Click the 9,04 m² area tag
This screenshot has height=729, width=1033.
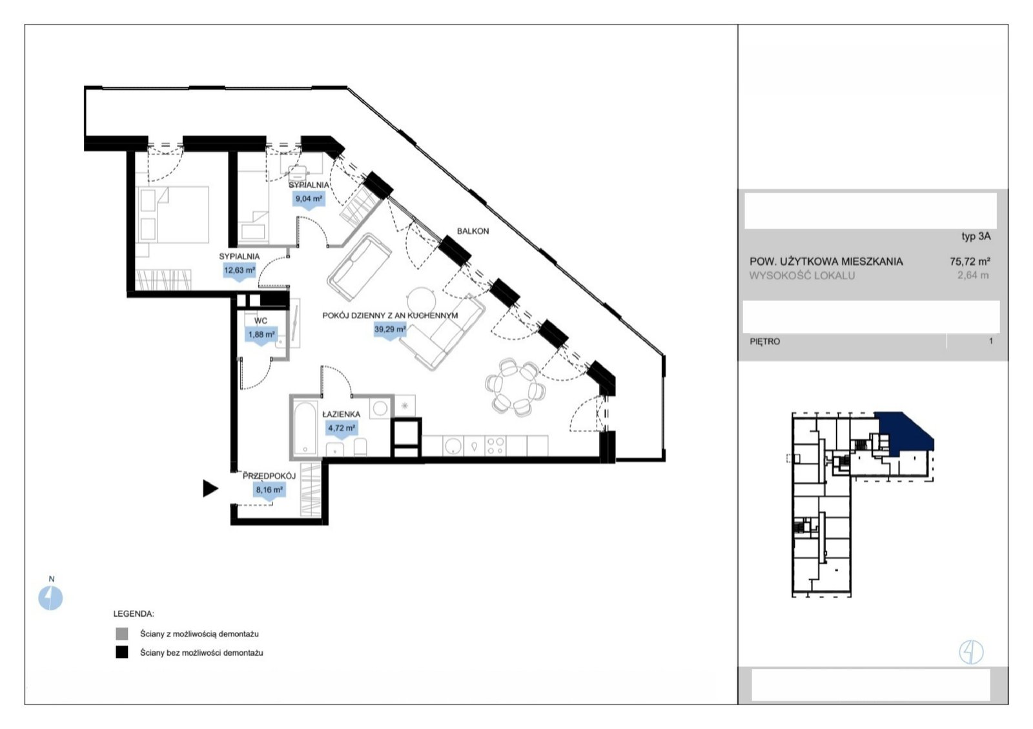pos(309,200)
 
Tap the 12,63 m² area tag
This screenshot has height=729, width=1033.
pos(240,271)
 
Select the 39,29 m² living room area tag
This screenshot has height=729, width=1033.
pos(390,330)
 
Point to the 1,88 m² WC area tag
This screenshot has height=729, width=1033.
pos(261,335)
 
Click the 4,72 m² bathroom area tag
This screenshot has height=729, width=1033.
pos(342,429)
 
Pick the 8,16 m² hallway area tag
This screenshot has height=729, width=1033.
pos(269,491)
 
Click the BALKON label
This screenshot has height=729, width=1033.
pos(473,231)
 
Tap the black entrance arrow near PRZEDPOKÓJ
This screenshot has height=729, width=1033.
pos(210,489)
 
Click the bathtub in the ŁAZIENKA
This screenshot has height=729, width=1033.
pos(305,428)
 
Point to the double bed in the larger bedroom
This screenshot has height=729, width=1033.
pos(174,215)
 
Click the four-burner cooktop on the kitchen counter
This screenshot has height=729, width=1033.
pos(495,445)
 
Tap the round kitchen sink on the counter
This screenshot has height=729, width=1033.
pos(453,446)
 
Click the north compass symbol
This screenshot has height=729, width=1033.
pos(50,598)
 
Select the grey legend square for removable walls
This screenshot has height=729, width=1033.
pos(122,634)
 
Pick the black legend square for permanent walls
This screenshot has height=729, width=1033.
pos(122,652)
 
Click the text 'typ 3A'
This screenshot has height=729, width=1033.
pos(976,237)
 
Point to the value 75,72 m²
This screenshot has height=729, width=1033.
pos(970,262)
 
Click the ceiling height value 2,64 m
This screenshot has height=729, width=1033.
pos(973,275)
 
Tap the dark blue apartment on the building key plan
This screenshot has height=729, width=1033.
pos(904,432)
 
